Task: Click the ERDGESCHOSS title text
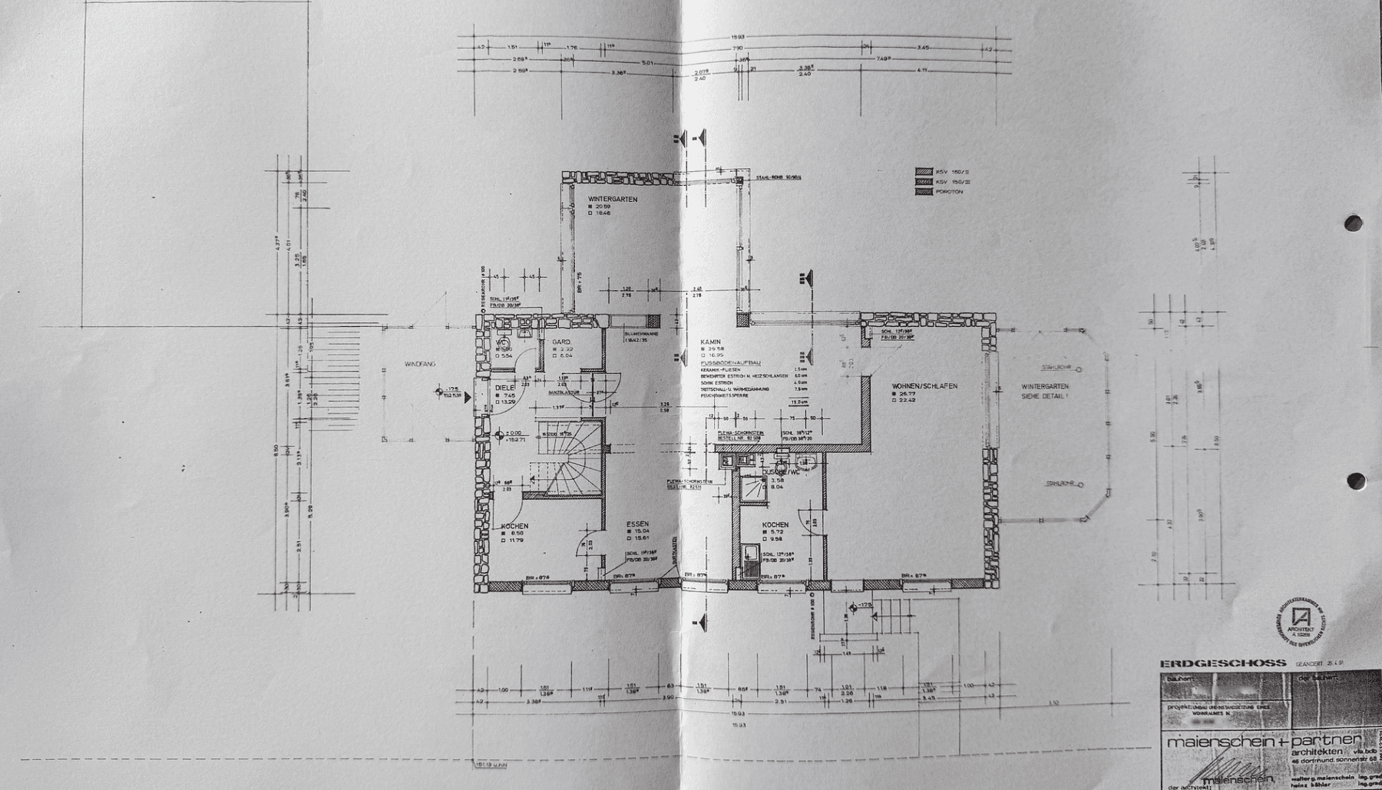[1222, 663]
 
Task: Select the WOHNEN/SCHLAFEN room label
[924, 386]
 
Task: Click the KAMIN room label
[709, 341]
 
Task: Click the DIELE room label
[504, 388]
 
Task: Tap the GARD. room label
[560, 342]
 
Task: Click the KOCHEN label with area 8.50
[514, 526]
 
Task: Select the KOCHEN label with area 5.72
[775, 525]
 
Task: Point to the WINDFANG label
[419, 364]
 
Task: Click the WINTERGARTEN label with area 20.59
[612, 199]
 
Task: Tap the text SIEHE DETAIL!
[1044, 396]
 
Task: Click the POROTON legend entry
[948, 191]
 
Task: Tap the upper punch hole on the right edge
[1354, 223]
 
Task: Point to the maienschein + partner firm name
[1259, 742]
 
